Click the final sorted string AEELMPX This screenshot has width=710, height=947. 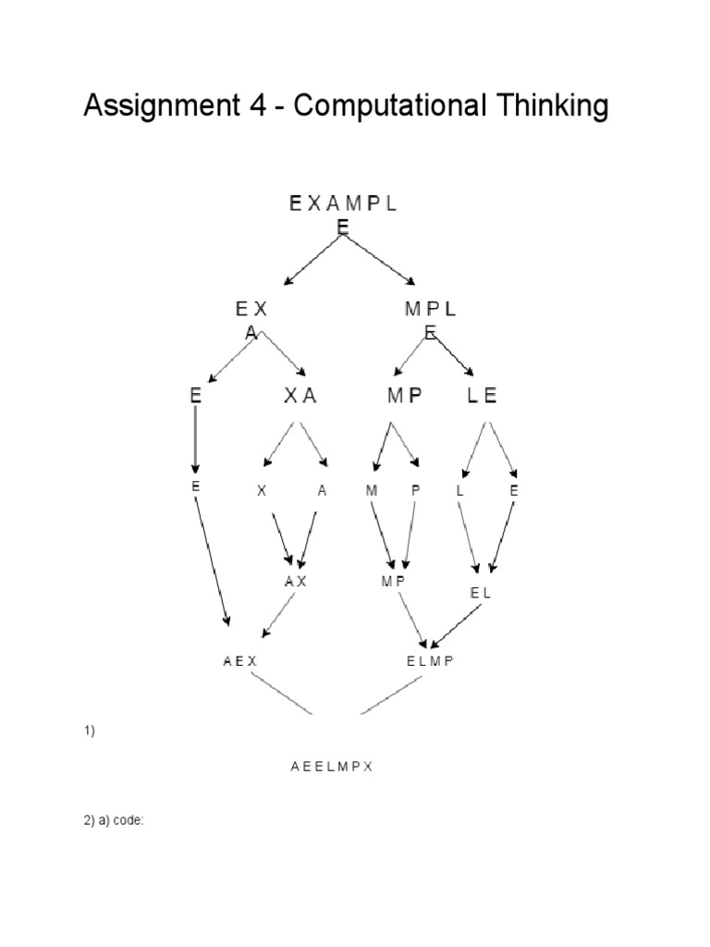[x=331, y=767]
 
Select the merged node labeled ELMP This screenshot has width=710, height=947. [x=431, y=661]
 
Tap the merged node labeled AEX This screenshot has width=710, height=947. [x=239, y=661]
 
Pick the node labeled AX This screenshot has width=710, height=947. [x=295, y=582]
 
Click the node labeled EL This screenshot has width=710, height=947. [x=481, y=594]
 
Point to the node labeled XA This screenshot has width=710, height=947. [x=300, y=396]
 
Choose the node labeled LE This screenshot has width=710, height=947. [x=483, y=396]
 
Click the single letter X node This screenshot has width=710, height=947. [x=262, y=491]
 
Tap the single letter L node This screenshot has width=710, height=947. [x=459, y=491]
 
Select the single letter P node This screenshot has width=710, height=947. [x=416, y=491]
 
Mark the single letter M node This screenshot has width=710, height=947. [x=372, y=491]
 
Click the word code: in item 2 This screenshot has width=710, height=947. [x=129, y=820]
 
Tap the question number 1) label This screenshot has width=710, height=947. [x=90, y=731]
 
